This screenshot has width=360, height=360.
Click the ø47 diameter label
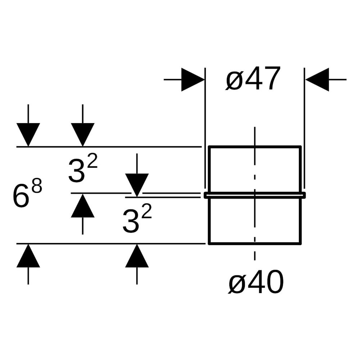click(253, 78)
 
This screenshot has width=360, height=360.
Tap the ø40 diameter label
click(256, 282)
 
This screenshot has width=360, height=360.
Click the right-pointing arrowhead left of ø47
click(193, 80)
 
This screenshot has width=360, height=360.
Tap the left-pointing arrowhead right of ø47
click(317, 80)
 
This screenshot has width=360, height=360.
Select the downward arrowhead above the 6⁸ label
click(28, 135)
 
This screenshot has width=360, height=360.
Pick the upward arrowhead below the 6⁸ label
click(28, 256)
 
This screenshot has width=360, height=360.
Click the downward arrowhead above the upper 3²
click(83, 135)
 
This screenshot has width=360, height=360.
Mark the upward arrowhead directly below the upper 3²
click(83, 206)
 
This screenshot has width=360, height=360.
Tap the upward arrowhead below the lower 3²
click(137, 256)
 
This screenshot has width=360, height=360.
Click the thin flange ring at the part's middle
click(255, 195)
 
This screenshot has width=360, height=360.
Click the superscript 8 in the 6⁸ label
click(37, 185)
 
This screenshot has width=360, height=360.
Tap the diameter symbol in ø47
click(234, 81)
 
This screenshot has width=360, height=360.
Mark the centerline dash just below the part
click(255, 255)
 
